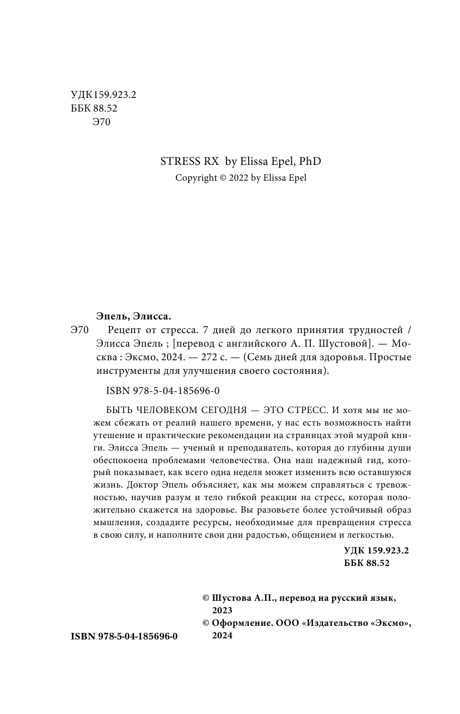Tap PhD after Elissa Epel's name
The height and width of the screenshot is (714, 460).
click(x=310, y=161)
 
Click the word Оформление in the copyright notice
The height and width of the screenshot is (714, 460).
click(x=241, y=623)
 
